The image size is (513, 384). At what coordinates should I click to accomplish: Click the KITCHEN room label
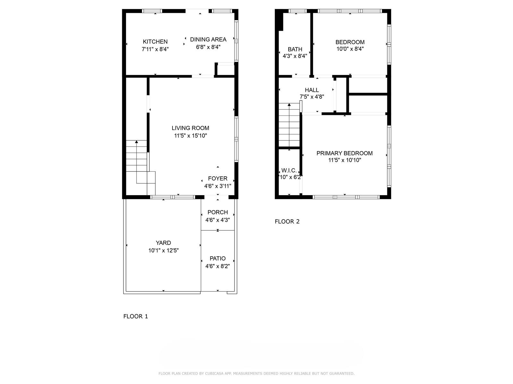click(155, 42)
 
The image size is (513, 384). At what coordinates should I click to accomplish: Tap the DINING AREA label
click(208, 40)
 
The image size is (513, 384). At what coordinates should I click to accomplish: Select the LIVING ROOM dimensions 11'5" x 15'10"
click(190, 136)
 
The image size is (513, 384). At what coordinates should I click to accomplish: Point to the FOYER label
click(218, 179)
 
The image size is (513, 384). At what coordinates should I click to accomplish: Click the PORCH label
click(218, 212)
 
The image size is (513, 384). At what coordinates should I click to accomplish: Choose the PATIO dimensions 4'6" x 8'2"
click(218, 266)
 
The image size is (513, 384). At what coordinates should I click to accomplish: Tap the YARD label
click(164, 243)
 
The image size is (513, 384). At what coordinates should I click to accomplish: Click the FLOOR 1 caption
click(136, 316)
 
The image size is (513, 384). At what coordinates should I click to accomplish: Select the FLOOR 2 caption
click(287, 221)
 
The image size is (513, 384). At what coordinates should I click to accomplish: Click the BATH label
click(295, 49)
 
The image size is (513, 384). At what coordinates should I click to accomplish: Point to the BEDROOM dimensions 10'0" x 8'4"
click(350, 49)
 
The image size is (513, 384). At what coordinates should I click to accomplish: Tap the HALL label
click(312, 90)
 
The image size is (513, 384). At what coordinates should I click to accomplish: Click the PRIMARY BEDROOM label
click(344, 153)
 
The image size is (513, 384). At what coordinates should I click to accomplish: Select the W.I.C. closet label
click(289, 171)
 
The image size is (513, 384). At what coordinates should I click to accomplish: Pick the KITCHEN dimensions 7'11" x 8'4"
click(155, 49)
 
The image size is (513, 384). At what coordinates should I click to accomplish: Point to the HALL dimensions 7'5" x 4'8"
click(312, 97)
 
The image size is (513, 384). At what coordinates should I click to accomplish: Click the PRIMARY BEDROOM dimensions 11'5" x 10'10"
click(345, 160)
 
